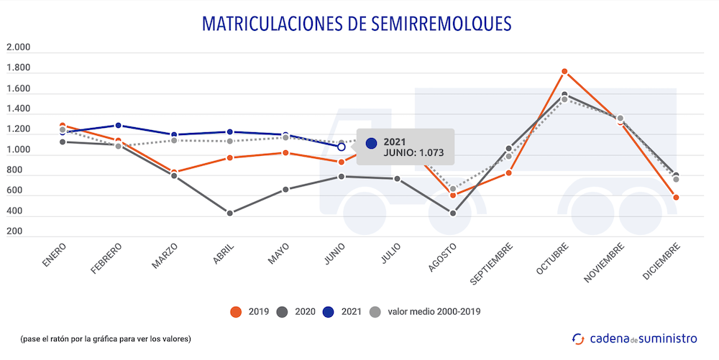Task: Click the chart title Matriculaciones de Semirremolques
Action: (x=357, y=23)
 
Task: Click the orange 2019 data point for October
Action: (x=564, y=71)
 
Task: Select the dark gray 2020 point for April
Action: (x=230, y=213)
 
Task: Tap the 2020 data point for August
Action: (x=453, y=213)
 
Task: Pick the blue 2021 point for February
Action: (x=118, y=126)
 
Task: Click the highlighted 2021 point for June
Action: (x=342, y=147)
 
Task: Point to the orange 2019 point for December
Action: (x=676, y=197)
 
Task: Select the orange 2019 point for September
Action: (x=508, y=172)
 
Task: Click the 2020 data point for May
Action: (x=285, y=190)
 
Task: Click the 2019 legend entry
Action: (x=249, y=311)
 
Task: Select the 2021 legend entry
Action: (x=342, y=311)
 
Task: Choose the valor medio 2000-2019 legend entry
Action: (x=424, y=311)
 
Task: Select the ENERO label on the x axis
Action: (x=55, y=256)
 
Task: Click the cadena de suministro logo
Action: (x=633, y=338)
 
